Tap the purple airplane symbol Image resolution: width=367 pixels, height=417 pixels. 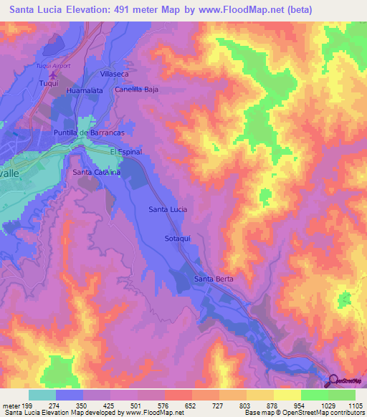tap(52, 74)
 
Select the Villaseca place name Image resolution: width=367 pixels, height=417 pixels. tap(114, 74)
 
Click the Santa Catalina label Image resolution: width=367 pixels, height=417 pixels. tap(95, 173)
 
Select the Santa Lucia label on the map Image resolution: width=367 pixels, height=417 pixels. tap(168, 208)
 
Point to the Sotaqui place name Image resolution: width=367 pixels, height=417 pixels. tap(177, 238)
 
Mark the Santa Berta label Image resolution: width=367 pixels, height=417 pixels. tap(214, 279)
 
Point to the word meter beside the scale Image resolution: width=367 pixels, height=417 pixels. tap(11, 405)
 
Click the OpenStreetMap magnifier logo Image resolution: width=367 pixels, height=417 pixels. tap(333, 380)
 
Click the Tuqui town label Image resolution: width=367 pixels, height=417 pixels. tap(47, 83)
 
